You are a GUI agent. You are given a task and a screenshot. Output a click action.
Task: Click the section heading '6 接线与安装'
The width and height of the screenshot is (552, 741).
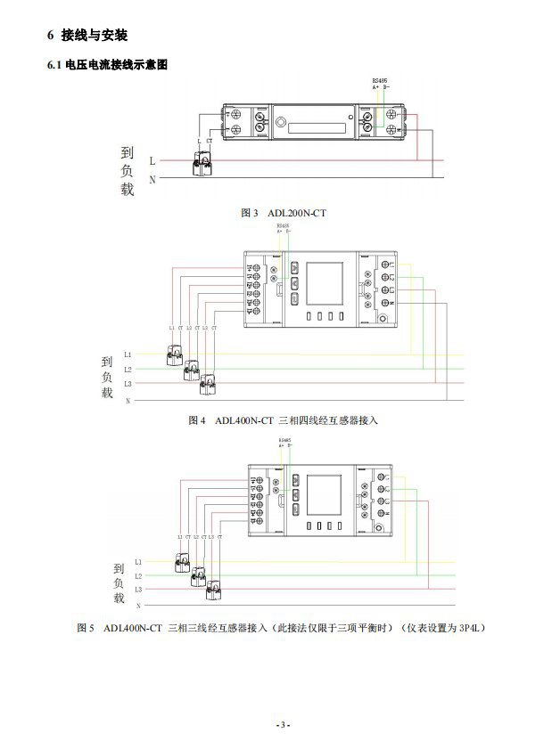point(87,35)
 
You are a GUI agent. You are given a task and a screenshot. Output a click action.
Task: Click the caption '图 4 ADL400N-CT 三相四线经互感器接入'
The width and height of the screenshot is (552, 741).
point(283,420)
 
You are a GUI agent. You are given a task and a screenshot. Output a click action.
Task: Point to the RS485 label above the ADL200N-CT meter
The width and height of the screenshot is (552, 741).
point(380,81)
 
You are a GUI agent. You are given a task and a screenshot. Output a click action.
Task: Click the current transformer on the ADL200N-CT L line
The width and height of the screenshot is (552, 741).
point(204,164)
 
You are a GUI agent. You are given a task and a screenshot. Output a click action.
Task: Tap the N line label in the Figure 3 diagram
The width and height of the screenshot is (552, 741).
point(152,179)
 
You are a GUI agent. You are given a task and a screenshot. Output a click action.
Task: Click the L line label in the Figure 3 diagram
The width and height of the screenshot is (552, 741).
point(152,161)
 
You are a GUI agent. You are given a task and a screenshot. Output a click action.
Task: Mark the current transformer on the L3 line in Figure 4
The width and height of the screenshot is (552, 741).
point(209,384)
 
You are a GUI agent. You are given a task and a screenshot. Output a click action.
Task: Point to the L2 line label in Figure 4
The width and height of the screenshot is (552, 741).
point(128,370)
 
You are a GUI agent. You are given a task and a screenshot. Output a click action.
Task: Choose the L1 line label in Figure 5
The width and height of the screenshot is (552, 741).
point(138,562)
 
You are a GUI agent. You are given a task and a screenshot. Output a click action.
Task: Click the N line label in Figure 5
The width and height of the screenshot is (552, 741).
point(138,604)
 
